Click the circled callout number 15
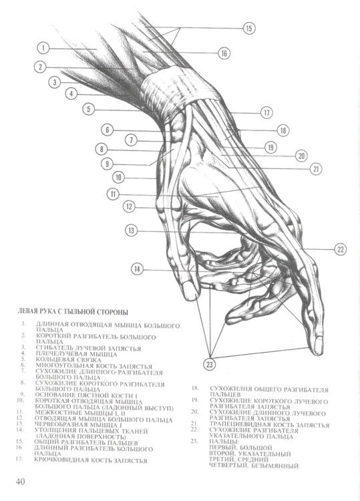point(248,28)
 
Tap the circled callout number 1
point(42,48)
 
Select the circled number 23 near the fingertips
point(210,364)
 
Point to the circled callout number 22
point(340,249)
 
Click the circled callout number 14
point(138,269)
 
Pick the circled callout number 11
point(113,194)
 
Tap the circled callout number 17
point(266,112)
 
